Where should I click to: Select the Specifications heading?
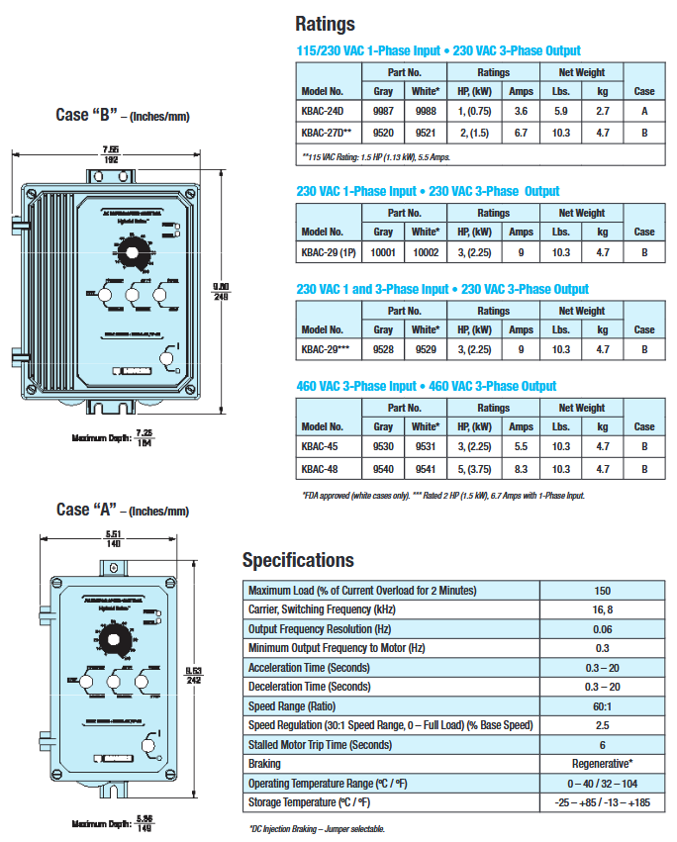click(298, 561)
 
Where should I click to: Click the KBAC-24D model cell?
click(323, 112)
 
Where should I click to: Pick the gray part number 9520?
click(383, 132)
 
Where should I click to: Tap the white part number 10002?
click(426, 252)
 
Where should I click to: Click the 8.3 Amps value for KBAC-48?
click(521, 469)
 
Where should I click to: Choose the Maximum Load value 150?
click(602, 591)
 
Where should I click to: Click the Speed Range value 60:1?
click(602, 706)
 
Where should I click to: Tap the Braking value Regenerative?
click(602, 764)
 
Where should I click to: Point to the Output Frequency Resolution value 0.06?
click(602, 629)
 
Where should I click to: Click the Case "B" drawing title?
click(123, 116)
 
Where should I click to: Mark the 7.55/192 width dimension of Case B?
click(110, 153)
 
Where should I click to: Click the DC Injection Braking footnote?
click(316, 829)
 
